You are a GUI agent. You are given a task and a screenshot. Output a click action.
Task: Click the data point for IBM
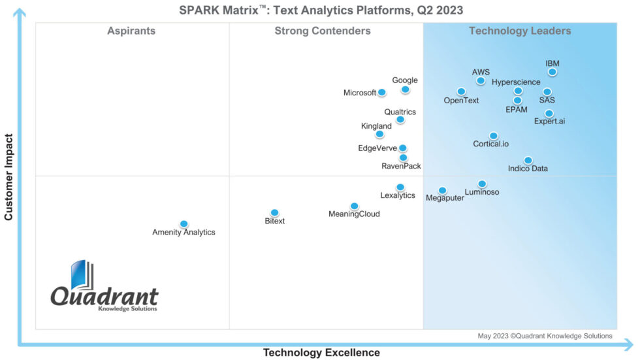[x=552, y=72]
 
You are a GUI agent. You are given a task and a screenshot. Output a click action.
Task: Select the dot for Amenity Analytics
[x=184, y=223]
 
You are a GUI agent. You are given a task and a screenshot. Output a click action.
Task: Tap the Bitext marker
[x=274, y=212]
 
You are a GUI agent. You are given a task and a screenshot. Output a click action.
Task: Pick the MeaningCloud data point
[x=354, y=206]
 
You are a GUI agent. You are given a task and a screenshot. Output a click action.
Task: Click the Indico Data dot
[x=528, y=160]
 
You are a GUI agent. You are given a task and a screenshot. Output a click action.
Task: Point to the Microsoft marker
[x=381, y=93]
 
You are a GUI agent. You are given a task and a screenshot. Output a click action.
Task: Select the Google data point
[x=405, y=90]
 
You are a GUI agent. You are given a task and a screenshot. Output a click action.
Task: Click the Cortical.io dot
[x=493, y=136]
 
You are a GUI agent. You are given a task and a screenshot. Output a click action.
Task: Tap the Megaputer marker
[x=442, y=190]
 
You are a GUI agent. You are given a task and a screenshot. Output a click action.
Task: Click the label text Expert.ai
[x=549, y=122]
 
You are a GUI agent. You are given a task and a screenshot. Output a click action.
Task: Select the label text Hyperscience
[x=516, y=82]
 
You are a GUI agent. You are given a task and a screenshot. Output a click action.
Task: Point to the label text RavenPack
[x=401, y=167]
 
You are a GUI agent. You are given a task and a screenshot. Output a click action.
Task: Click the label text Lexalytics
[x=398, y=195]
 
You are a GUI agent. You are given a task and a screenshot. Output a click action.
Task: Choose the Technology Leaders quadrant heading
[x=520, y=31]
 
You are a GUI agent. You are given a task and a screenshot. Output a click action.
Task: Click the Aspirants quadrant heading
[x=131, y=31]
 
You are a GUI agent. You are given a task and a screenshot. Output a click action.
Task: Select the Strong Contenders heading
[x=322, y=31]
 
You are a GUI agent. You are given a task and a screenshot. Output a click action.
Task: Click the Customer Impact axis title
[x=9, y=177]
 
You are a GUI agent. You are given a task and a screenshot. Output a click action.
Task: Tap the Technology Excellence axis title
[x=321, y=353]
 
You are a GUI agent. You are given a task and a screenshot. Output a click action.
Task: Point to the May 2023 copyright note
[x=545, y=336]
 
